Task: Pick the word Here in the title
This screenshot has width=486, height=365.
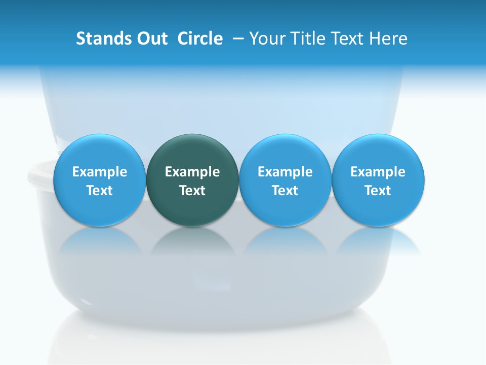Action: (388, 39)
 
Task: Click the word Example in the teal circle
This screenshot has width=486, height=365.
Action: (192, 172)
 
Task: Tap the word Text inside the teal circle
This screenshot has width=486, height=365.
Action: (192, 191)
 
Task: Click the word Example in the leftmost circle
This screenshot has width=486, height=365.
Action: (100, 172)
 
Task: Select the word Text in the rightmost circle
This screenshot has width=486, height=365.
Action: (378, 191)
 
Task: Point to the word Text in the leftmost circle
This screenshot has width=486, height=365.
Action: (100, 191)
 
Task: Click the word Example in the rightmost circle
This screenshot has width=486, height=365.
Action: (378, 172)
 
